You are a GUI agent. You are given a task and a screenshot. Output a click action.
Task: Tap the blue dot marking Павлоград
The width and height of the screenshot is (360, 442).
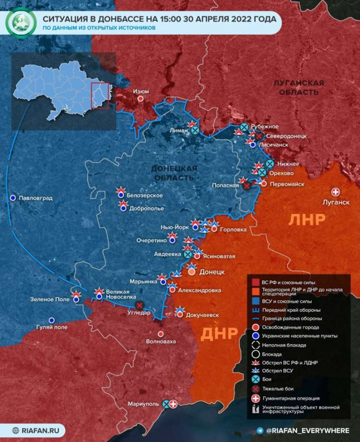[x=13, y=198]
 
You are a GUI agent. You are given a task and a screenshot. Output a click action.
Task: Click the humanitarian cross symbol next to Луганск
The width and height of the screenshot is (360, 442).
[x=336, y=192]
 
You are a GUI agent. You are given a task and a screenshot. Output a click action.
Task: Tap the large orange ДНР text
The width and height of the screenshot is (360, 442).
[x=219, y=334]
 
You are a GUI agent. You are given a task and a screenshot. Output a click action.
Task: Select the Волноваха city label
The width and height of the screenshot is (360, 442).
[x=161, y=341]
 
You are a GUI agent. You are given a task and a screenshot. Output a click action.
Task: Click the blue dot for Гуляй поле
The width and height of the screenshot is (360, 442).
[x=52, y=320]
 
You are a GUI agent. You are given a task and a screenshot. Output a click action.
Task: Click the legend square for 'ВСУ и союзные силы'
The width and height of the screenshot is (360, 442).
[x=255, y=301]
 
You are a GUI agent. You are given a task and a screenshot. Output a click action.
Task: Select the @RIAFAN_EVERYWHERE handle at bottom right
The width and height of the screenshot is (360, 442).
[x=307, y=431]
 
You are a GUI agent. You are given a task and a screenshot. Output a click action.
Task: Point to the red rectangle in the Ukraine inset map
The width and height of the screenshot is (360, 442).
[x=100, y=95]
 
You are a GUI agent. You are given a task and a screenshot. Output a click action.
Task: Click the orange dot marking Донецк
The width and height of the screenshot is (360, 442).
[x=191, y=272]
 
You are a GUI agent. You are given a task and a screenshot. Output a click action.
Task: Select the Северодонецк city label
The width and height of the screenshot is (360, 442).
[x=286, y=136]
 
